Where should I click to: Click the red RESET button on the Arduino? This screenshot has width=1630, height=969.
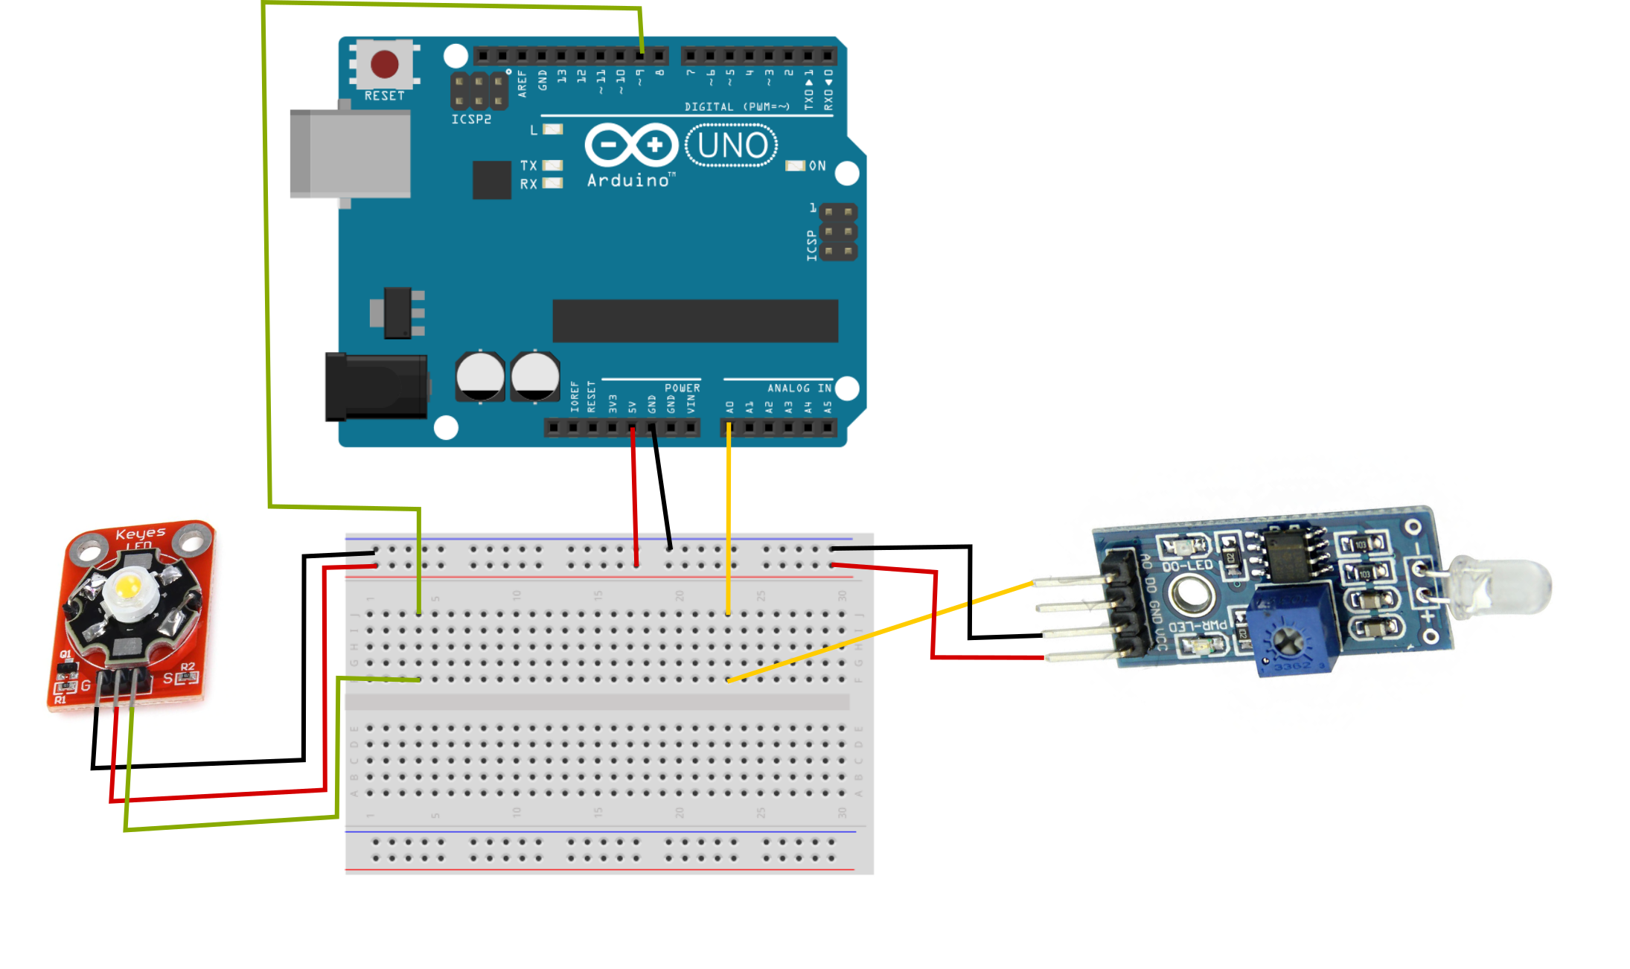coord(384,65)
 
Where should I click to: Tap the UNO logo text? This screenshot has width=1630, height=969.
coord(732,146)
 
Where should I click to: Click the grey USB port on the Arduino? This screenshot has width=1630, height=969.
coord(350,153)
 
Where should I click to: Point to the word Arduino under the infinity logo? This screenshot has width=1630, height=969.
coord(629,181)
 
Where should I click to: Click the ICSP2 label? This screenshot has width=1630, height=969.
coord(471,119)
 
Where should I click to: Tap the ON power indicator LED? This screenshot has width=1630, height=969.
coord(796,166)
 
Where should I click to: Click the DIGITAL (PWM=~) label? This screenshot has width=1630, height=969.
coord(736,107)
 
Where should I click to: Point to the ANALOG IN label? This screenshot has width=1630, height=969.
coord(799,388)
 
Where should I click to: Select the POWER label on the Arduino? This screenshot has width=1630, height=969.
coord(682,388)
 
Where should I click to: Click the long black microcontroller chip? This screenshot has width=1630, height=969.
coord(695,321)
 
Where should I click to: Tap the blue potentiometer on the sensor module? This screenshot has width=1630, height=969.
coord(1293,633)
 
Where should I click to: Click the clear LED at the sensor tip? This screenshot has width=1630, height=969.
coord(1511,584)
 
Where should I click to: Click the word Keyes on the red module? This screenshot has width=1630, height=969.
coord(141,534)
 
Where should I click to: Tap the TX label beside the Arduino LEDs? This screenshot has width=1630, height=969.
coord(528,165)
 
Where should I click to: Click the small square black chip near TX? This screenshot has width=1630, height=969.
coord(492,180)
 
